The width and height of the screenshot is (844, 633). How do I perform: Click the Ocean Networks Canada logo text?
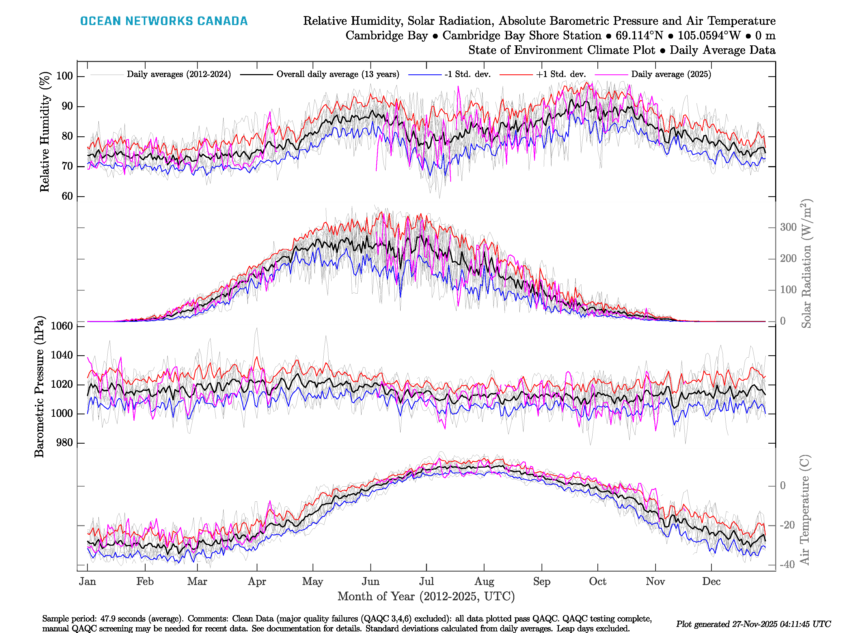pyautogui.click(x=164, y=21)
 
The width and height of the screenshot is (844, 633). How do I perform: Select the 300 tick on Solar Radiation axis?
pyautogui.click(x=788, y=227)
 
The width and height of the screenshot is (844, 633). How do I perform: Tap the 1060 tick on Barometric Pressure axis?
pyautogui.click(x=61, y=326)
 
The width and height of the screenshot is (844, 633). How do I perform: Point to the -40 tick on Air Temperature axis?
pyautogui.click(x=787, y=564)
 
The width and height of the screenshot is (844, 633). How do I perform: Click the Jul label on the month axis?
pyautogui.click(x=426, y=582)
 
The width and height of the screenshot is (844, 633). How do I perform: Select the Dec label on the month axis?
pyautogui.click(x=711, y=582)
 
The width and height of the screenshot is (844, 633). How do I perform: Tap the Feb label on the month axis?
pyautogui.click(x=145, y=582)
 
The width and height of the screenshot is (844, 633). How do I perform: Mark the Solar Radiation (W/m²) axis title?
pyautogui.click(x=806, y=263)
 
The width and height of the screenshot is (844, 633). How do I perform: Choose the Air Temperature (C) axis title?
pyautogui.click(x=804, y=509)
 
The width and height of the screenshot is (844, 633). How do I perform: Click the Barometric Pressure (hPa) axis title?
pyautogui.click(x=39, y=386)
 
